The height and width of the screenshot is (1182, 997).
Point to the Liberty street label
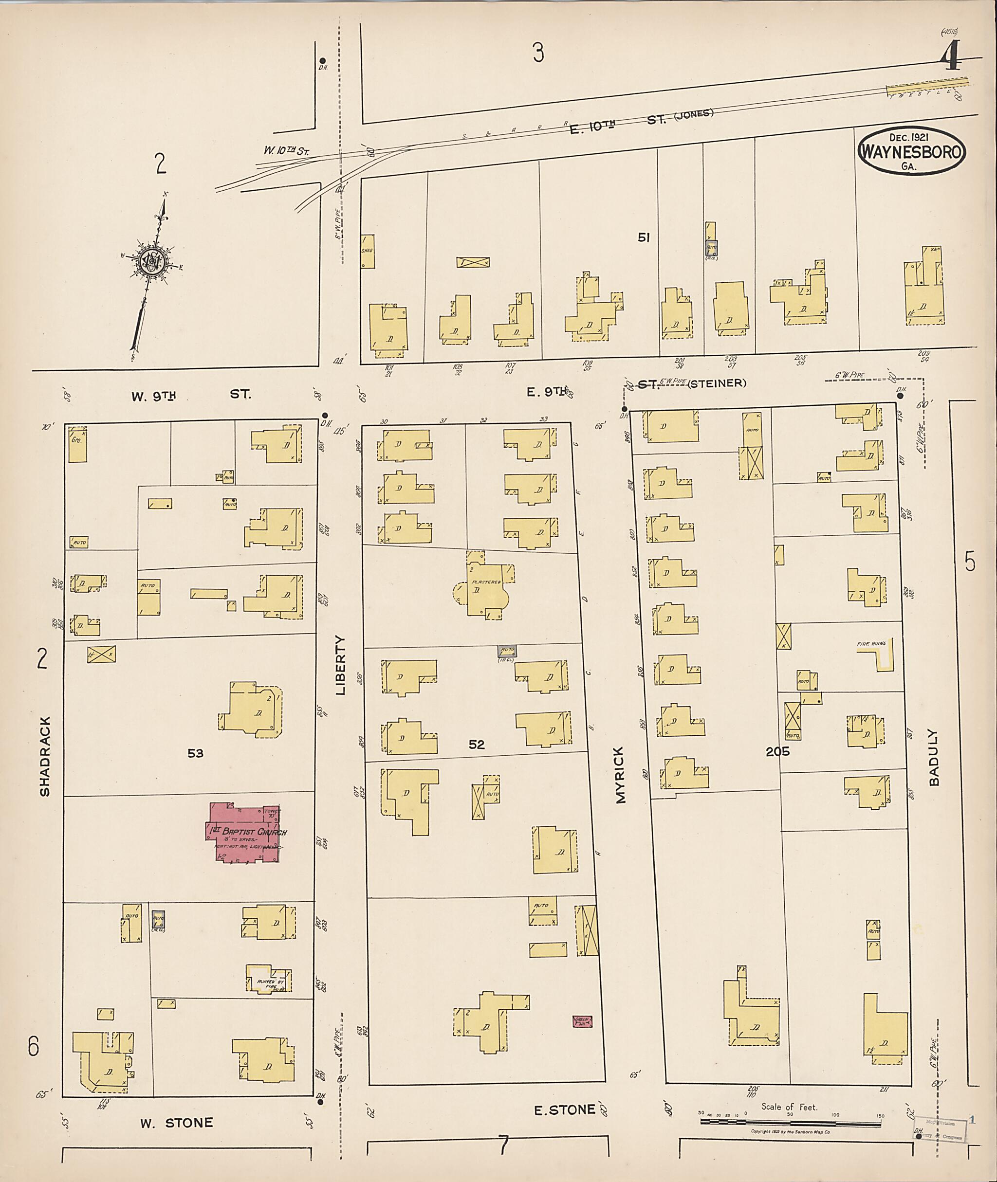click(340, 665)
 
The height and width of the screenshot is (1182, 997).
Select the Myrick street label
click(621, 775)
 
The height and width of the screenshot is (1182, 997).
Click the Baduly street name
click(933, 758)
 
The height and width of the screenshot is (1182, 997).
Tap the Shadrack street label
click(45, 757)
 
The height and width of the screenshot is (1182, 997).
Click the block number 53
click(196, 753)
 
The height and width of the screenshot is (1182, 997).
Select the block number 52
click(477, 745)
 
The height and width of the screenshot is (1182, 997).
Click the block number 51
click(643, 238)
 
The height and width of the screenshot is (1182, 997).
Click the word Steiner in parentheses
click(716, 383)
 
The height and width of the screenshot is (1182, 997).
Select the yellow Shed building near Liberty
click(368, 251)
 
